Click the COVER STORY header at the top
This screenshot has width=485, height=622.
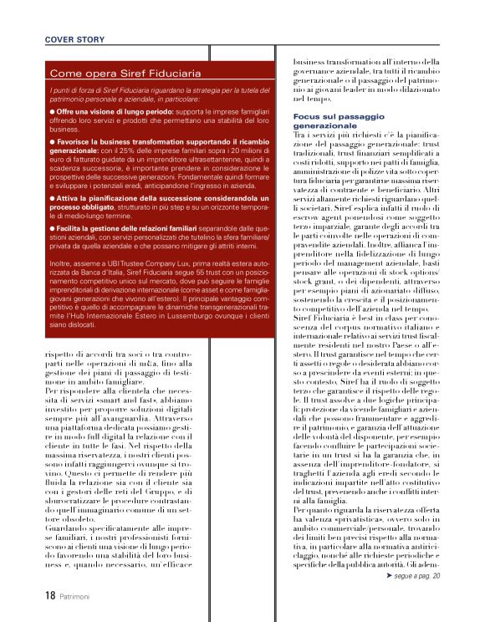pyautogui.click(x=74, y=39)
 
